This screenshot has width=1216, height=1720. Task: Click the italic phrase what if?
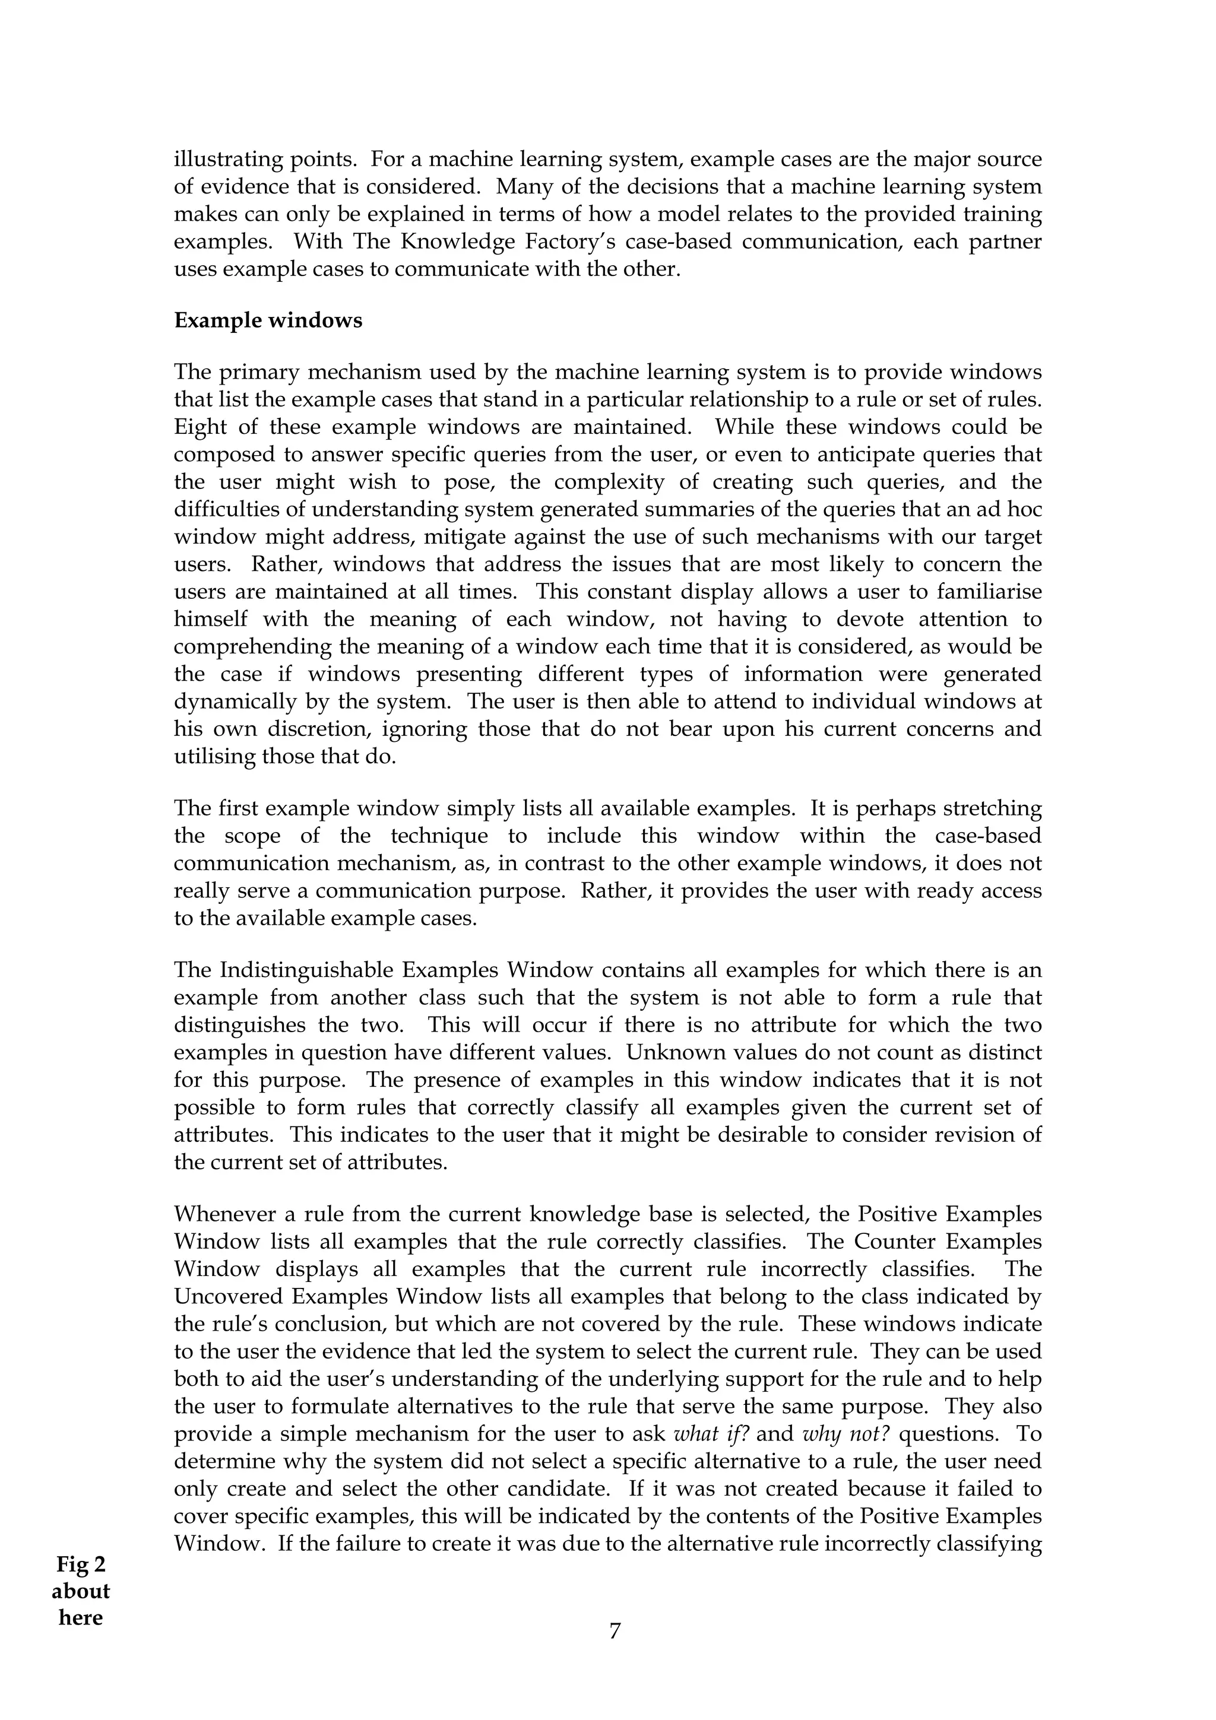click(712, 1434)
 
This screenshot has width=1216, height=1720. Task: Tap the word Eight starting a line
click(200, 427)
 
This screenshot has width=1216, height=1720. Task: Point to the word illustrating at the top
click(229, 160)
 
